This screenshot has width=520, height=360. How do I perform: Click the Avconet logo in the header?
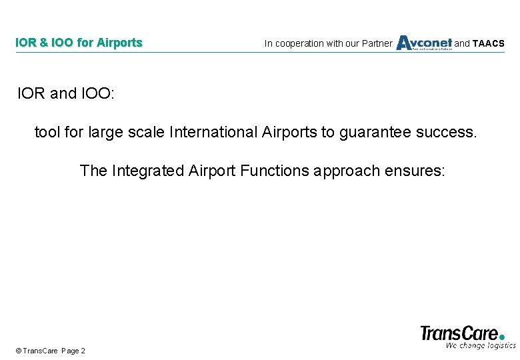pyautogui.click(x=424, y=43)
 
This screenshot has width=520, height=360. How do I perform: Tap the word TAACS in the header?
pyautogui.click(x=488, y=44)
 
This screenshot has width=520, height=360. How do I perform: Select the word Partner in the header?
pyautogui.click(x=377, y=44)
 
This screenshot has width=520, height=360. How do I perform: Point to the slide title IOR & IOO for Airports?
pyautogui.click(x=79, y=43)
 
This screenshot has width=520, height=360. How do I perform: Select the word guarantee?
pyautogui.click(x=375, y=133)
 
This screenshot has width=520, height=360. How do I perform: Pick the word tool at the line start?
pyautogui.click(x=47, y=132)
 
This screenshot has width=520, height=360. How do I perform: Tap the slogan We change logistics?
pyautogui.click(x=480, y=345)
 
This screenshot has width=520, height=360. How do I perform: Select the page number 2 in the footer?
pyautogui.click(x=83, y=351)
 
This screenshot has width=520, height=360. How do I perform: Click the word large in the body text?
pyautogui.click(x=104, y=133)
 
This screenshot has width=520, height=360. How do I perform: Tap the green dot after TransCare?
pyautogui.click(x=502, y=337)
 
